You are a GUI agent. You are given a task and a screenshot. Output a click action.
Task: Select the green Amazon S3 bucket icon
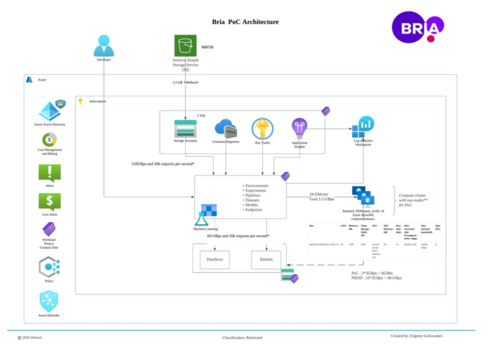(185, 46)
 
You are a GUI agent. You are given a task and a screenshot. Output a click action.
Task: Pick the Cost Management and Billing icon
(50, 139)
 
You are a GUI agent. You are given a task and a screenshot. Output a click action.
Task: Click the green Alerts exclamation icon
(50, 173)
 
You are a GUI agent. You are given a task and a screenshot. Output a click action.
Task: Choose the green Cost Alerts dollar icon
(50, 202)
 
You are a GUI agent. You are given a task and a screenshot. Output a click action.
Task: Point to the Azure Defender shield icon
(50, 301)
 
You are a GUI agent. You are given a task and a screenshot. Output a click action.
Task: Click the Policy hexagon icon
(50, 267)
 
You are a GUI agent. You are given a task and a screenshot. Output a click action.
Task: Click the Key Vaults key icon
(262, 128)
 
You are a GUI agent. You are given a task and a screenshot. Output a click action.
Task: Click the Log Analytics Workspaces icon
(363, 127)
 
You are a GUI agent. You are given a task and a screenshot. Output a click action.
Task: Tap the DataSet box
(266, 259)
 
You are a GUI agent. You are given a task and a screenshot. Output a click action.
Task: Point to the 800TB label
(207, 47)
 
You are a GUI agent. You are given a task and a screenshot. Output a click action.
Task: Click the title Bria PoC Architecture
(245, 22)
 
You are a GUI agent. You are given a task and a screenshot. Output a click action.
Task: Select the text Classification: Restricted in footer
(242, 337)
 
